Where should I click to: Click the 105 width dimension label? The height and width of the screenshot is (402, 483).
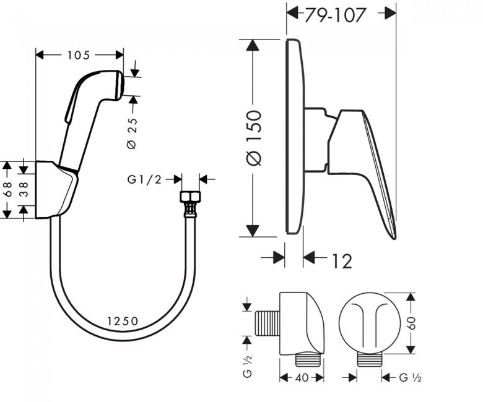click(78, 55)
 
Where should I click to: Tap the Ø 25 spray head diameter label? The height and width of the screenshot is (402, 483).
click(131, 133)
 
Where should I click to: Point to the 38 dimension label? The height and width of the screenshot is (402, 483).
click(24, 189)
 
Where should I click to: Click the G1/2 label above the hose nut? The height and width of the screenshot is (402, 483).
click(144, 179)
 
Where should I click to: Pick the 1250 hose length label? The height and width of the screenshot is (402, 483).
click(123, 321)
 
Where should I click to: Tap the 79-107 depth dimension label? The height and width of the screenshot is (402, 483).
click(335, 14)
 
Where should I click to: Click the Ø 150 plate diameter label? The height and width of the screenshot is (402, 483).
click(254, 138)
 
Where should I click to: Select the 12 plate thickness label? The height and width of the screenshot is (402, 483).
click(342, 261)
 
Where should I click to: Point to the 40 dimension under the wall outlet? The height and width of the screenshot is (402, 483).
click(302, 377)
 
